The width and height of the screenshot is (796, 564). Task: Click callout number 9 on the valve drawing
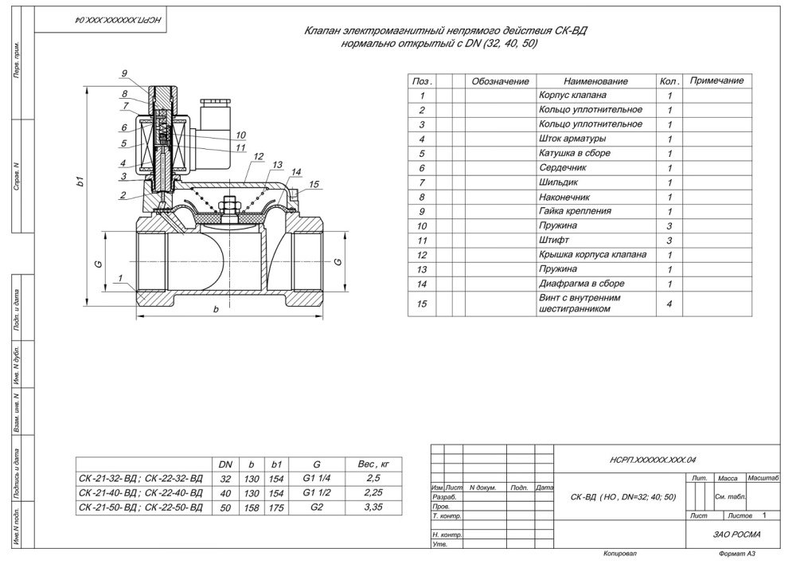tap(124, 74)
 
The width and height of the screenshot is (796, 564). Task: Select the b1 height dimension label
tap(80, 182)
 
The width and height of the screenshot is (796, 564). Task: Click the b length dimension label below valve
tap(215, 309)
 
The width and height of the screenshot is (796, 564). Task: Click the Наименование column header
tap(595, 81)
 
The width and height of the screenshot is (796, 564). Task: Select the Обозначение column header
tap(500, 81)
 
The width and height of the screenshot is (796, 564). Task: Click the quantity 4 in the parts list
tap(669, 304)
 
